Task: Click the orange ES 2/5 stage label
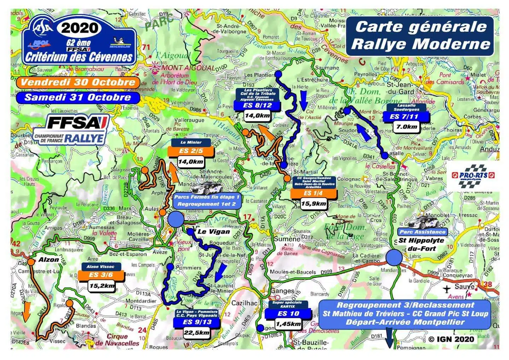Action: pos(191,151)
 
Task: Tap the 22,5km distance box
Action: pos(197,333)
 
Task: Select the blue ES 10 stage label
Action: pos(288,313)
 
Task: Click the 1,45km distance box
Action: pos(288,324)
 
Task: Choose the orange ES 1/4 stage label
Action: pos(313,193)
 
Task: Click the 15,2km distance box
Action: pos(102,285)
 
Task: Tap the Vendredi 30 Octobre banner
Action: pos(78,82)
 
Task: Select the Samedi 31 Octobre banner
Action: pos(78,97)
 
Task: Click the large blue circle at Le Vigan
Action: pos(176,219)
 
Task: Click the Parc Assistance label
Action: pos(422,232)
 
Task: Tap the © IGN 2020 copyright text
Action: pos(451,339)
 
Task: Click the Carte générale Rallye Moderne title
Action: pos(420,35)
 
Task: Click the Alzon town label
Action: pos(48,260)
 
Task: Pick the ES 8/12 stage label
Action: pos(258,105)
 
